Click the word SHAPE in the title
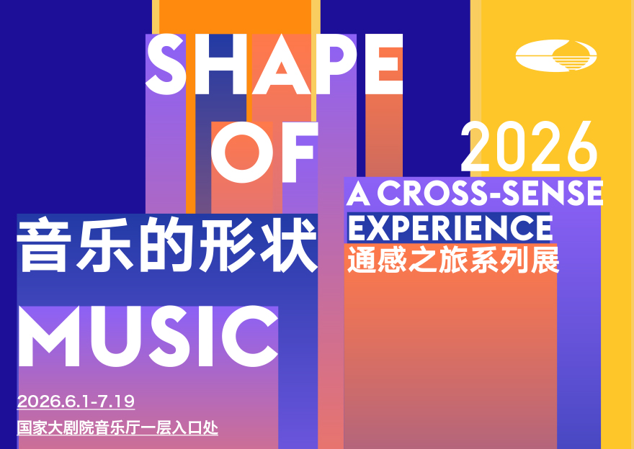(x=274, y=64)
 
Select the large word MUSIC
(x=148, y=336)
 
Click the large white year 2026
(x=530, y=146)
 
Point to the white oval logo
(x=556, y=55)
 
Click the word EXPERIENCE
(x=450, y=229)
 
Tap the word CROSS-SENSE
(x=490, y=193)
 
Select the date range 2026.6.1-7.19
(x=76, y=402)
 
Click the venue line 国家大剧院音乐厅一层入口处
(x=117, y=428)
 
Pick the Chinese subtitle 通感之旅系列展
(x=453, y=259)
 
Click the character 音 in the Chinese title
(x=42, y=245)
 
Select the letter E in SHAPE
(x=384, y=64)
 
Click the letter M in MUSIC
(x=49, y=336)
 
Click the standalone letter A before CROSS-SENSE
(x=358, y=194)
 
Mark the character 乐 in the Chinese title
(x=104, y=245)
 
